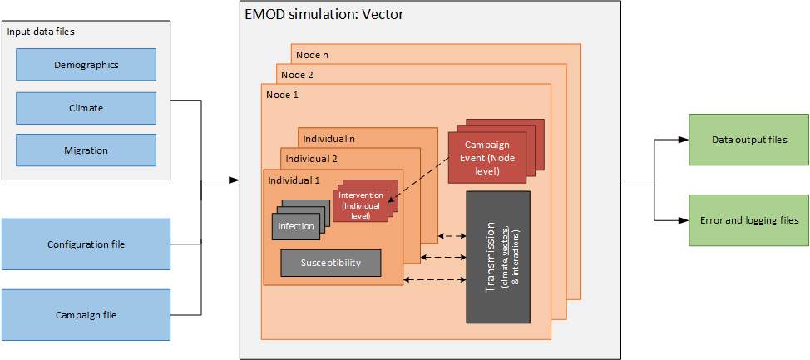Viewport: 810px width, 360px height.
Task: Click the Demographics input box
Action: (x=86, y=64)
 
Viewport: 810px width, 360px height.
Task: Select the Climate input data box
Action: (x=86, y=107)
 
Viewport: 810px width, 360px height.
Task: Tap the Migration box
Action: (x=86, y=150)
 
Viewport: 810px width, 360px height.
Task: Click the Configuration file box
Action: (x=86, y=244)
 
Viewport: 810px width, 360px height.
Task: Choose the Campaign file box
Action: (x=86, y=315)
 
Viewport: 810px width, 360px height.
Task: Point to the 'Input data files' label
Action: (x=40, y=32)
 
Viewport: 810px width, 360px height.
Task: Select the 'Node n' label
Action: (x=313, y=55)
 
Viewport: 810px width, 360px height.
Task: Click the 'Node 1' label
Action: (x=282, y=95)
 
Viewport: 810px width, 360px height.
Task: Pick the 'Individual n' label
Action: (x=329, y=138)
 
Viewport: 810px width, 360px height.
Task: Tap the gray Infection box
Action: (x=295, y=225)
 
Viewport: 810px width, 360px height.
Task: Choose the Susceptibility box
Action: (x=330, y=263)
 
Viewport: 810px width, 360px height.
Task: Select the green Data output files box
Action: (x=748, y=141)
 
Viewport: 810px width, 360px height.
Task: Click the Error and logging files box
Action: (x=748, y=220)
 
